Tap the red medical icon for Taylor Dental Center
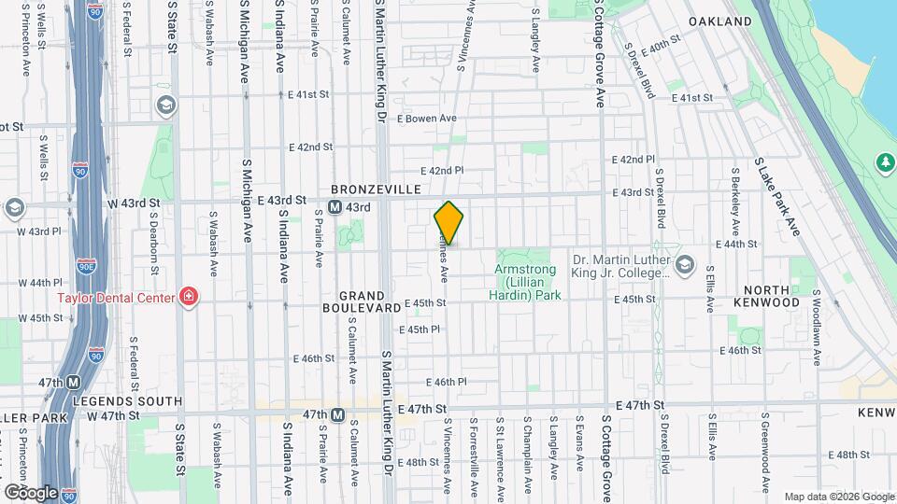point(189,298)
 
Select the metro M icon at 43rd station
point(334,207)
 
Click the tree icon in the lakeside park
point(884,163)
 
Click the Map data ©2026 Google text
point(837,497)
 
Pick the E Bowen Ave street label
point(426,119)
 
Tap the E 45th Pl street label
point(419,329)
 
